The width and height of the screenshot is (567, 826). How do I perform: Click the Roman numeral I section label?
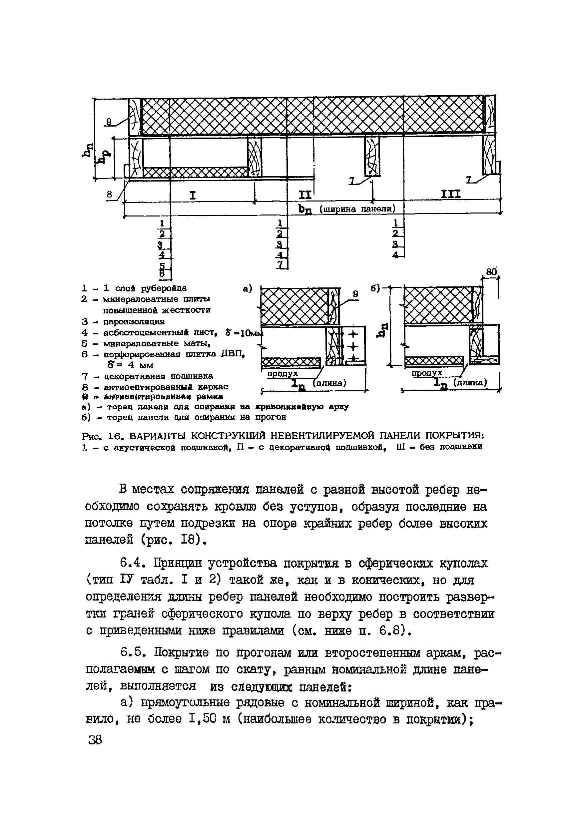(192, 195)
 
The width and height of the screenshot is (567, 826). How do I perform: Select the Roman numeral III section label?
(450, 194)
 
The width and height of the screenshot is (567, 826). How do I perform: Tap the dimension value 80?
(491, 272)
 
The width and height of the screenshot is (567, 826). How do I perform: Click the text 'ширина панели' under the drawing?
(357, 209)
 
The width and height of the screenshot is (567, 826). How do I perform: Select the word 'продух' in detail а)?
(283, 374)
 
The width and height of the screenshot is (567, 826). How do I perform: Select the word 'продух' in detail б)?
(427, 373)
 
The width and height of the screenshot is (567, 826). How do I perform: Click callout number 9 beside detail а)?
(355, 294)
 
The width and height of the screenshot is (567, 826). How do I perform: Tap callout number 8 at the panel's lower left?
(110, 195)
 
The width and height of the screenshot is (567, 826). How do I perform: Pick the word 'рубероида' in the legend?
(164, 288)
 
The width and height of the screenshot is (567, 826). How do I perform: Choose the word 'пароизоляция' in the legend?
(134, 322)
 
